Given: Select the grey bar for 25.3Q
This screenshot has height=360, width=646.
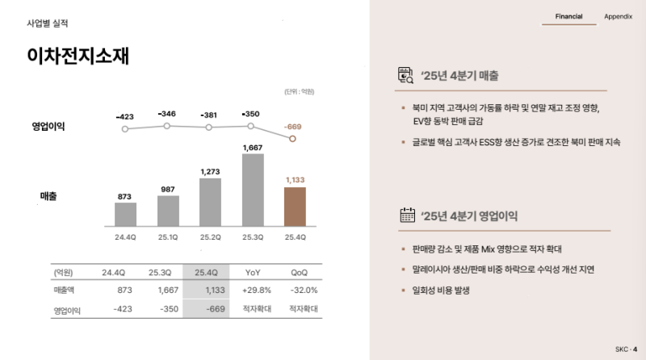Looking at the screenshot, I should coord(253,190).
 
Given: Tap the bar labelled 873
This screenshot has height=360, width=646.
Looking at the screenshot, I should coord(125,214).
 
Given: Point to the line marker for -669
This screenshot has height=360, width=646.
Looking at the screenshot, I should coord(293,139).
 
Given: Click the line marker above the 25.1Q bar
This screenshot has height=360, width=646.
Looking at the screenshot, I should coord(167,126).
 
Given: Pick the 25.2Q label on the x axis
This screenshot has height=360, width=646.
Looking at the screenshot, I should coord(210,237).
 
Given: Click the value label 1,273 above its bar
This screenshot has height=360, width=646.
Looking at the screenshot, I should coord(210,171).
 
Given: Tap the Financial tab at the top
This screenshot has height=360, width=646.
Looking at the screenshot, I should coord(568,16).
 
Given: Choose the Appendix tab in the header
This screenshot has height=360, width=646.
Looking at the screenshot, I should coord(618,16).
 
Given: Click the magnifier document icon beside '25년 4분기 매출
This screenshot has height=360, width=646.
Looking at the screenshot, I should coord(406,76).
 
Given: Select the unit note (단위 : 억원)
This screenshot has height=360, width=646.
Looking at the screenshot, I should coord(299,92).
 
